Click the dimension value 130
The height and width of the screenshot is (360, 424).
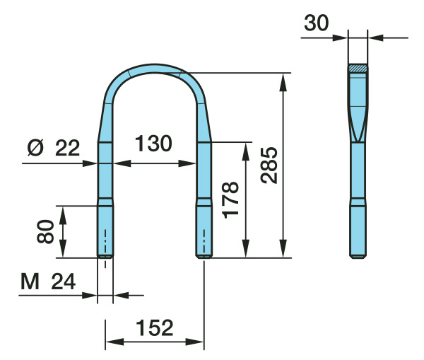pyautogui.click(x=153, y=144)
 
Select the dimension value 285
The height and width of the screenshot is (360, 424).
pyautogui.click(x=269, y=166)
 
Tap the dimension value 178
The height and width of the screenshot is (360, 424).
pyautogui.click(x=230, y=200)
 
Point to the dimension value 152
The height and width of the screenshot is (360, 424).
pyautogui.click(x=154, y=327)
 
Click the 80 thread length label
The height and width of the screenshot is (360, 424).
pyautogui.click(x=45, y=232)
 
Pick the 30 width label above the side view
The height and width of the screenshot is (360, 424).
pyautogui.click(x=317, y=23)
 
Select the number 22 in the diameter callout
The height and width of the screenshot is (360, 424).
pyautogui.click(x=68, y=148)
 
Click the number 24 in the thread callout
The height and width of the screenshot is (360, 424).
pyautogui.click(x=64, y=281)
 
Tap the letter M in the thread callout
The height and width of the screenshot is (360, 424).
pyautogui.click(x=30, y=281)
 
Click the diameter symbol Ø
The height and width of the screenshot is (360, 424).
pyautogui.click(x=35, y=148)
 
